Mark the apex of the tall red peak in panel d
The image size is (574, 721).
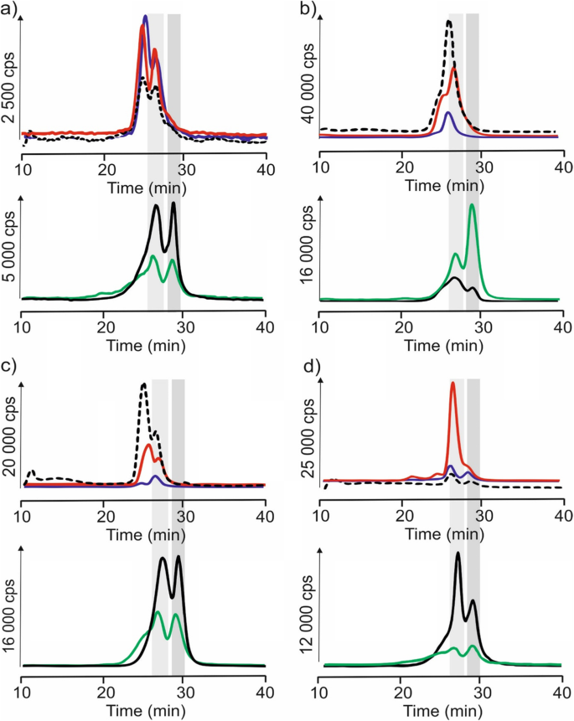[x=452, y=384]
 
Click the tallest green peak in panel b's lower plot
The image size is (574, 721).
[x=473, y=206]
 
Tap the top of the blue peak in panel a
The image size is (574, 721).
[x=145, y=17]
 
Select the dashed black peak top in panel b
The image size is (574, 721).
[x=449, y=21]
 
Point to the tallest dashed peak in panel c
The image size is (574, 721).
[x=143, y=384]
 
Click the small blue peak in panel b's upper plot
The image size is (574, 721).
[x=448, y=112]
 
